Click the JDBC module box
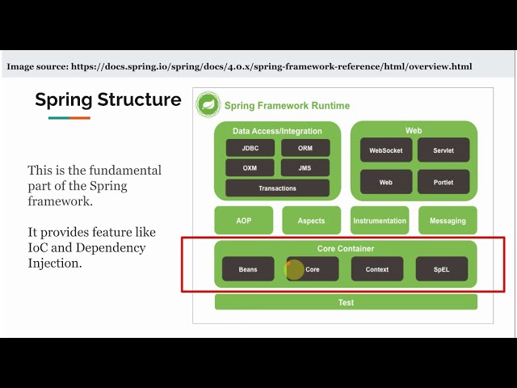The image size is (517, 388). point(250,148)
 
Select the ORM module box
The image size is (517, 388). point(305,148)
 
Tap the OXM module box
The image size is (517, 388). point(250,168)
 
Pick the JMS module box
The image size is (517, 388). point(305,168)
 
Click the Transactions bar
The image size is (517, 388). point(277,188)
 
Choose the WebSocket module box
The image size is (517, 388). point(386,150)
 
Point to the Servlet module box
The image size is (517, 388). point(443,150)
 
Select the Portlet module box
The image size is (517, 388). point(443,182)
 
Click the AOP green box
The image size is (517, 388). point(244,221)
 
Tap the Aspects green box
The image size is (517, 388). point(312,221)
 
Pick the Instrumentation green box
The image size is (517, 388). point(380,221)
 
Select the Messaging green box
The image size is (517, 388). point(448,221)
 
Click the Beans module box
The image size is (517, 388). point(248,269)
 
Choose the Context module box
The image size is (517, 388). point(377,269)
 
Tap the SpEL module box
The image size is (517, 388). point(442,269)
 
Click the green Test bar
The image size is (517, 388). point(346,302)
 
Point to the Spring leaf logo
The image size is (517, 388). point(208,104)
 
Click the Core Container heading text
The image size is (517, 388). point(346,248)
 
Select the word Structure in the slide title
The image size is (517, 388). point(140,99)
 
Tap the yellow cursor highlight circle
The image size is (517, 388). point(294,269)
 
